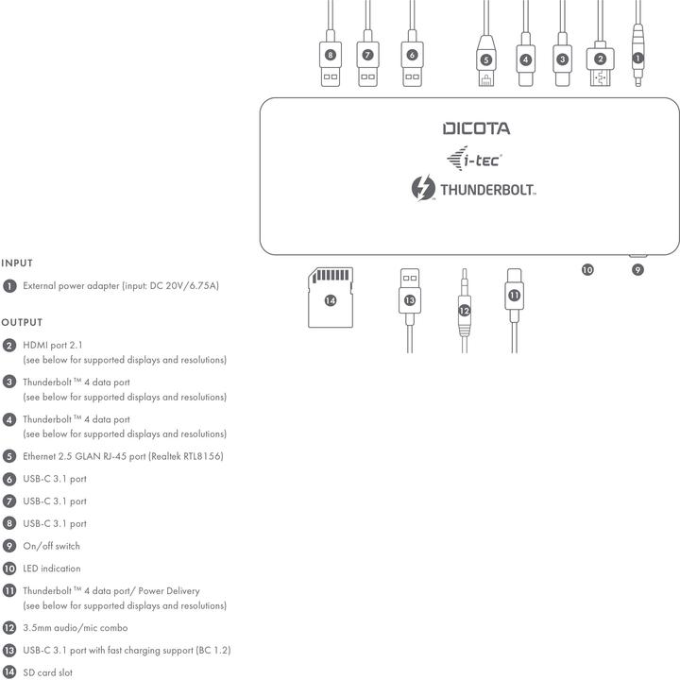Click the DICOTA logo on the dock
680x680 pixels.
coord(476,128)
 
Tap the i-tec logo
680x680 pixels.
coord(474,159)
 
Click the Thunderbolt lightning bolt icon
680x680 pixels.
coord(423,188)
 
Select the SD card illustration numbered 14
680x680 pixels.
coord(331,297)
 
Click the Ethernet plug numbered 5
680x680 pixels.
coord(486,60)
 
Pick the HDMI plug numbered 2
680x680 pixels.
coord(601,63)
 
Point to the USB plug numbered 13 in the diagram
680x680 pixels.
coord(410,297)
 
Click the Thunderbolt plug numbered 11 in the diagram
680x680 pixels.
coord(515,295)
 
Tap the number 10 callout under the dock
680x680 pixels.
coord(587,270)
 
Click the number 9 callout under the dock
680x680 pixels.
coord(637,270)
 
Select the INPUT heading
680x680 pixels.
coord(17,263)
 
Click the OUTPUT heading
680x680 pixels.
coord(22,322)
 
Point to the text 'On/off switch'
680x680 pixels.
coord(52,546)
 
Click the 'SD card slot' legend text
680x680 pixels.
coord(48,672)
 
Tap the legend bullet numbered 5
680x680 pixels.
coord(9,456)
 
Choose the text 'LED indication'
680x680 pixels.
coord(52,569)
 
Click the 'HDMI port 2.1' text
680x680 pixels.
coord(53,346)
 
